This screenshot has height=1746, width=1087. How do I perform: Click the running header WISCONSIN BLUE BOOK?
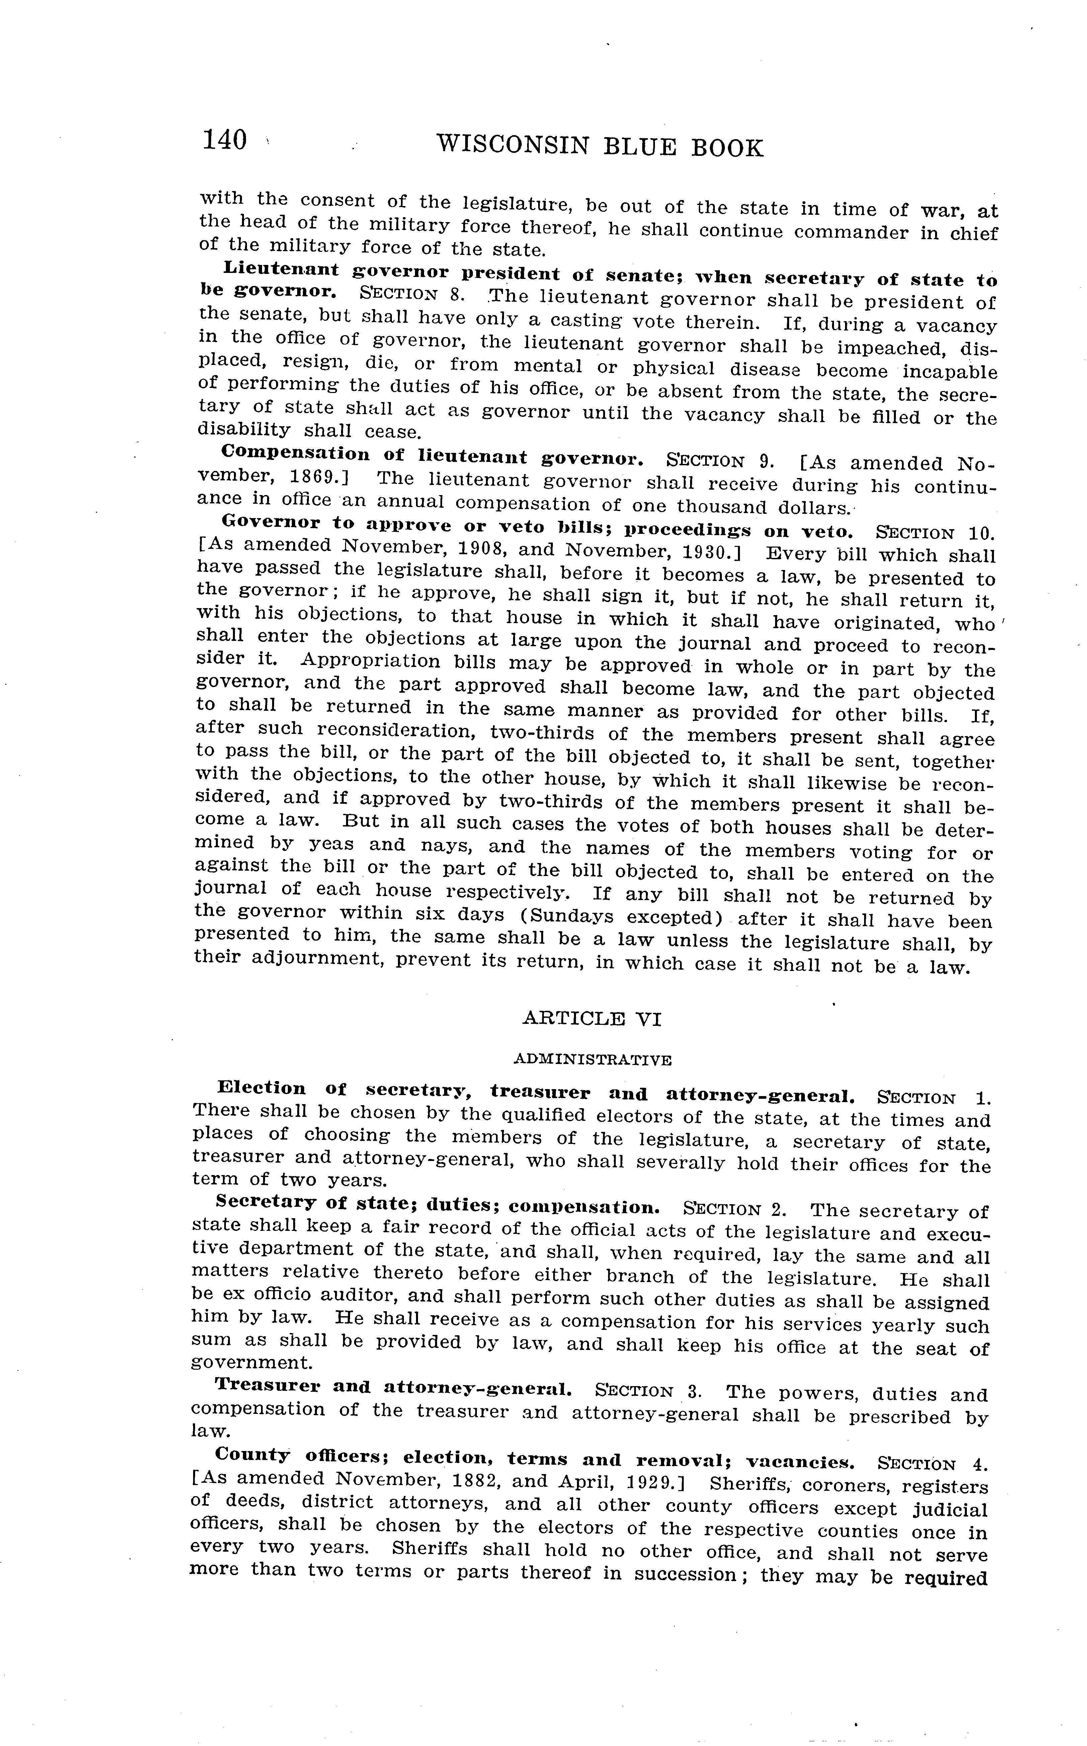coord(600,147)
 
